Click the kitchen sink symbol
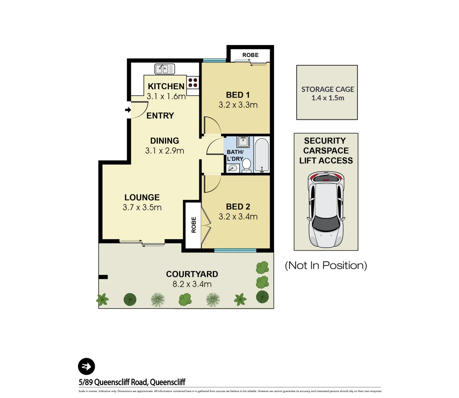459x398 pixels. click(165, 69)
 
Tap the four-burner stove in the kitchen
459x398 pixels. click(193, 83)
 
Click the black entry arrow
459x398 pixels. click(128, 110)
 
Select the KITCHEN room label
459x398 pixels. click(166, 86)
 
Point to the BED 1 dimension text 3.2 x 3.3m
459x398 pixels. click(238, 105)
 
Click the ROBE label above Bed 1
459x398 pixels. click(250, 55)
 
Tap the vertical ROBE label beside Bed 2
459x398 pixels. click(194, 225)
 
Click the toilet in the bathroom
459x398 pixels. click(246, 165)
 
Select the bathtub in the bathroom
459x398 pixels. click(262, 155)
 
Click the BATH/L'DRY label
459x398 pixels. click(235, 155)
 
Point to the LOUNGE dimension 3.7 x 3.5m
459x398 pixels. click(142, 207)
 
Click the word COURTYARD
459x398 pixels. click(192, 274)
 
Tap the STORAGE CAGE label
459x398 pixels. click(327, 90)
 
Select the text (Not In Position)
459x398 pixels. click(326, 265)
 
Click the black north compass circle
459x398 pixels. click(87, 367)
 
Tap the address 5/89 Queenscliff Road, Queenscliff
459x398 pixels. click(132, 382)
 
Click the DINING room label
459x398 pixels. click(165, 141)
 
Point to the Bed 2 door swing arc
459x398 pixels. click(213, 185)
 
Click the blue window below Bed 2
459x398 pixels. click(235, 251)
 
